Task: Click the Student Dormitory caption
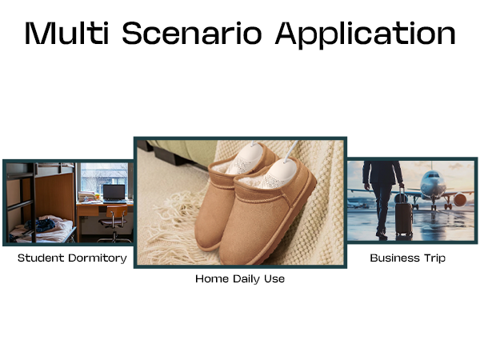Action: (x=72, y=258)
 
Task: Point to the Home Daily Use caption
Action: (x=240, y=279)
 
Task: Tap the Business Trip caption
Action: (x=407, y=258)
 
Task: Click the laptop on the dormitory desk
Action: (x=113, y=193)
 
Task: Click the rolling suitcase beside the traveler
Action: (x=404, y=218)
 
